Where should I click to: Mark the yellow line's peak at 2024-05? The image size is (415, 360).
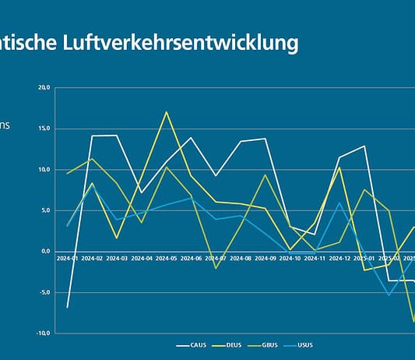coord(166,112)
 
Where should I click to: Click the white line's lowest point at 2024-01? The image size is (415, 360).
coord(67,307)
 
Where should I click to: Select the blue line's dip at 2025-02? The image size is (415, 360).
coord(389,295)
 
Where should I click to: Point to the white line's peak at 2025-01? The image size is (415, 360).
coord(364,146)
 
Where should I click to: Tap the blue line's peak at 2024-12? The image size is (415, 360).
coord(339,203)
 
